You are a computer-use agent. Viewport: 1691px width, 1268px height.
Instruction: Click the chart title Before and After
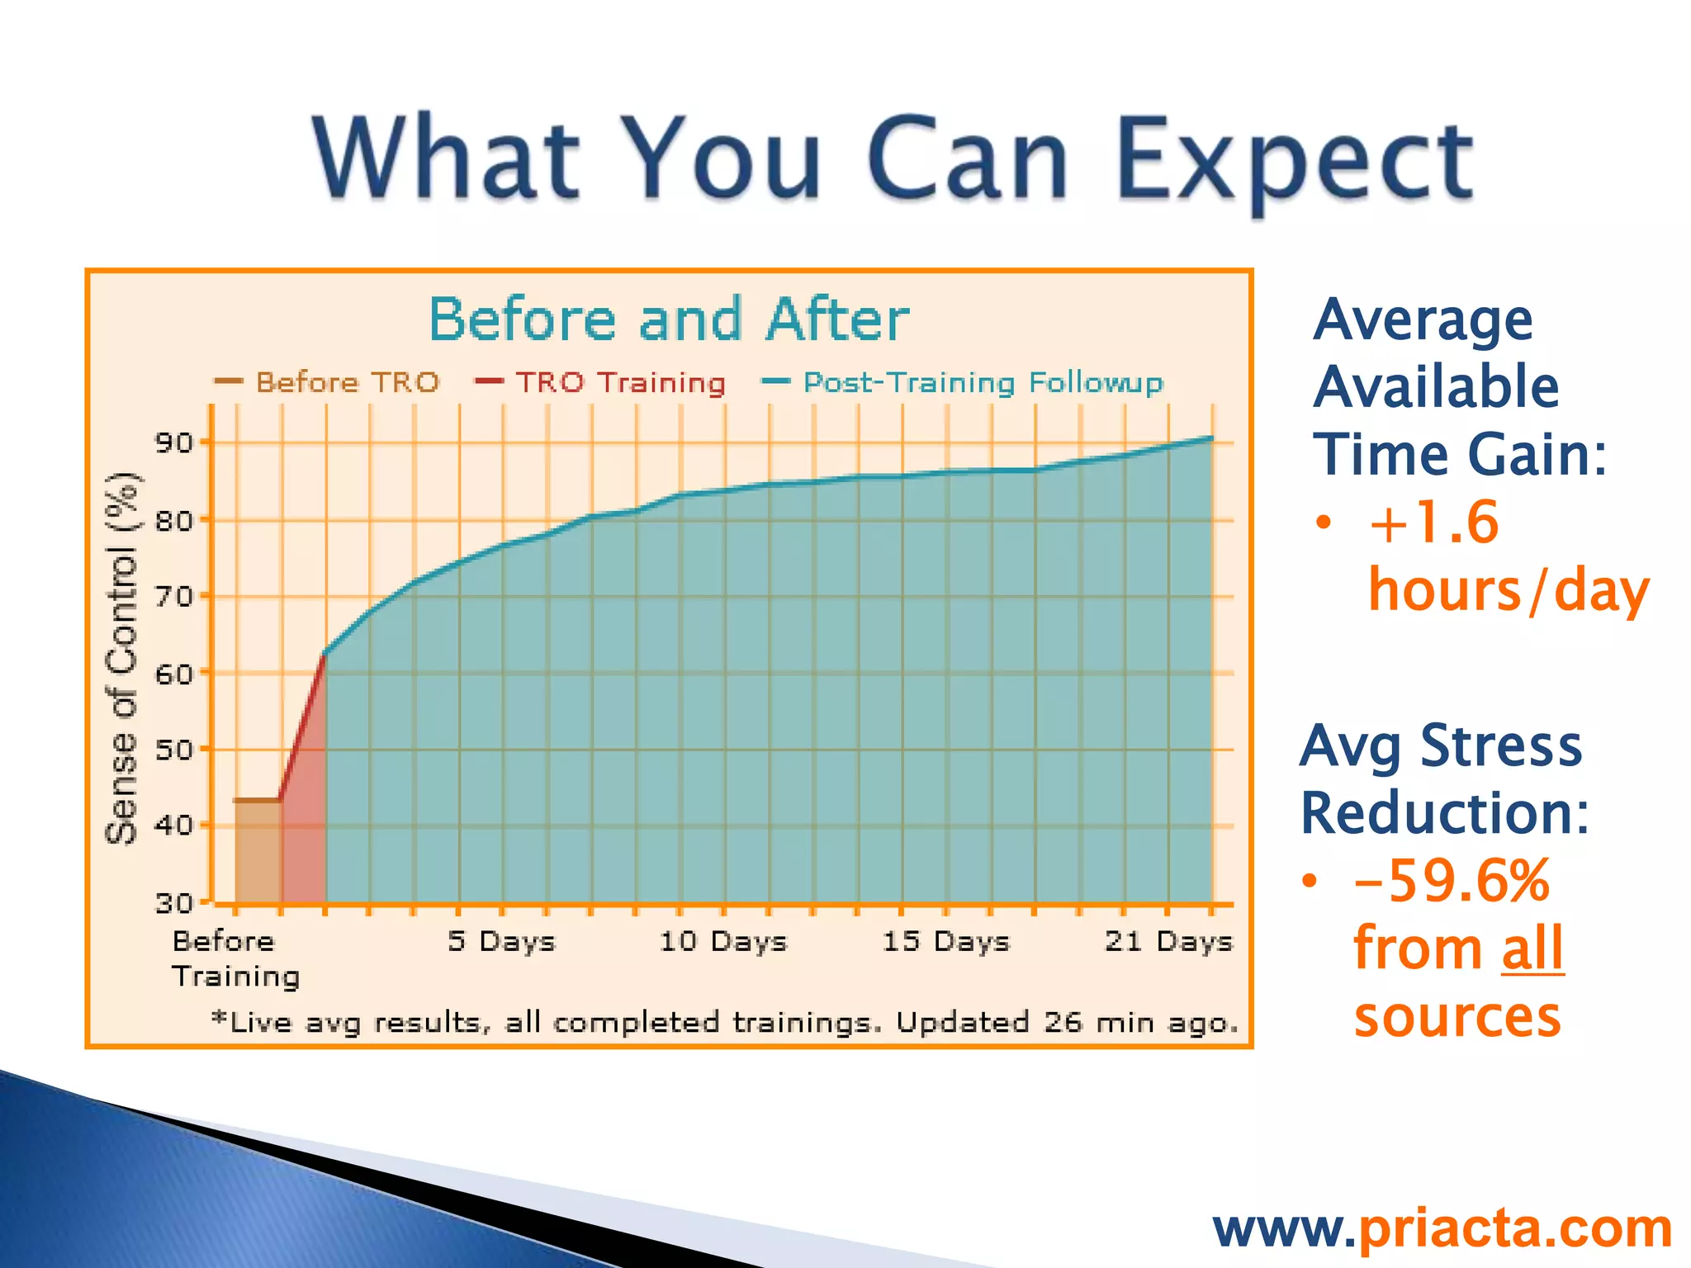(668, 319)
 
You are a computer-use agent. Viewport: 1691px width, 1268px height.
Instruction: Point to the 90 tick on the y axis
(173, 443)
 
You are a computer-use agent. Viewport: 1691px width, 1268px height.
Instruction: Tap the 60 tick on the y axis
(173, 674)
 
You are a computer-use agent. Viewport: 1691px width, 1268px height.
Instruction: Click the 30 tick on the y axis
(173, 903)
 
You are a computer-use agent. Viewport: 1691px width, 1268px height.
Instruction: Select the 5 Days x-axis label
(501, 941)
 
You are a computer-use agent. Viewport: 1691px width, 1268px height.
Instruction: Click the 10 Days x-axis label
(723, 941)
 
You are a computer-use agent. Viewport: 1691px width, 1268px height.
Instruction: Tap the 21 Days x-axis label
(1168, 941)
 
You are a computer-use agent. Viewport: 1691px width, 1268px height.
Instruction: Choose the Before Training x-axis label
(235, 958)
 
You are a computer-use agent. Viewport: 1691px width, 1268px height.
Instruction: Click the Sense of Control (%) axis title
(122, 658)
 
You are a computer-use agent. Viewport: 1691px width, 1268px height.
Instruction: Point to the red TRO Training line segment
(303, 726)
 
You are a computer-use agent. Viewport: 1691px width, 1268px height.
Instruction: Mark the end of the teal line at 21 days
(1211, 438)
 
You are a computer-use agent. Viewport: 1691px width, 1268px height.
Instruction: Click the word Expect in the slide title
(1295, 161)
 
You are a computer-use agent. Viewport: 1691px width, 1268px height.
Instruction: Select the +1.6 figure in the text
(1433, 523)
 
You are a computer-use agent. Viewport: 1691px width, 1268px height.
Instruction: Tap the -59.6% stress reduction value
(1452, 881)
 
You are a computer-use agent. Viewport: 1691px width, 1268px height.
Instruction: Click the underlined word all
(1532, 949)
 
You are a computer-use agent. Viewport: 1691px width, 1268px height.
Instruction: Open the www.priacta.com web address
(1442, 1228)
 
